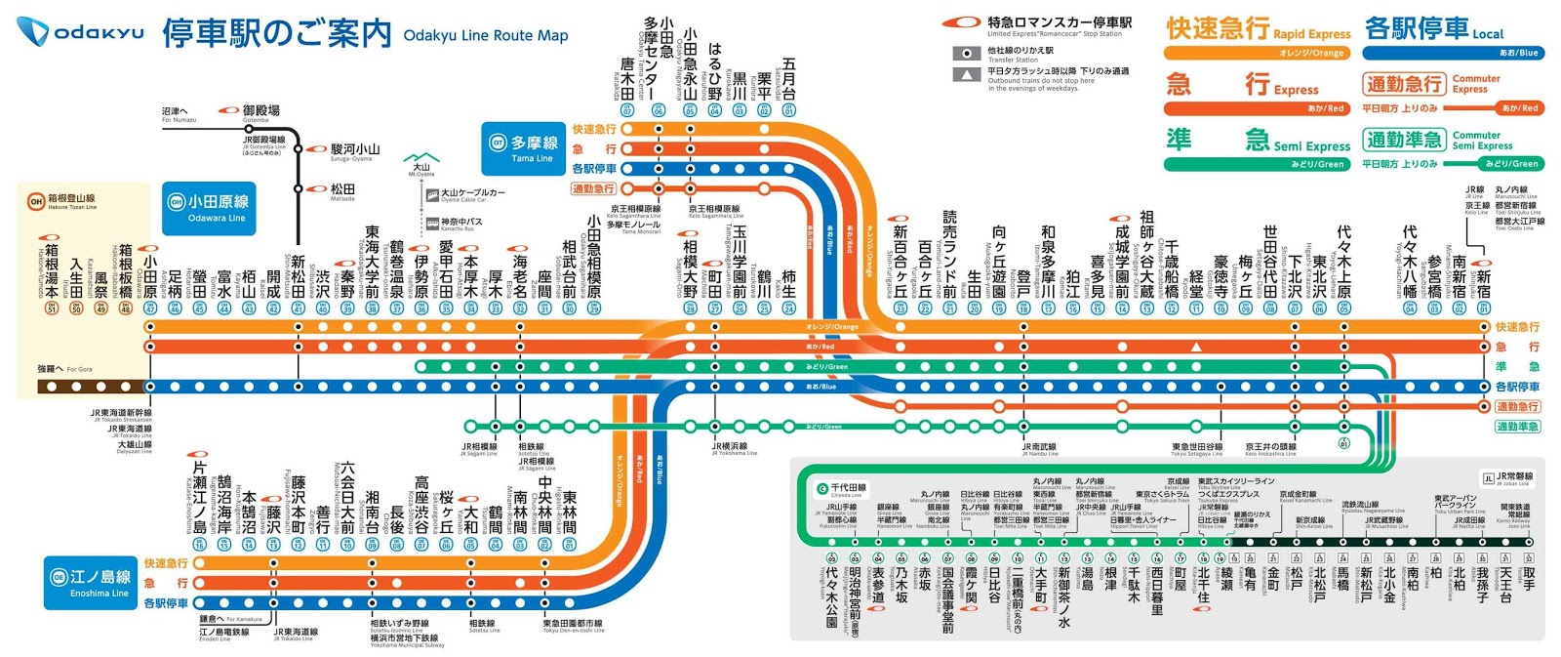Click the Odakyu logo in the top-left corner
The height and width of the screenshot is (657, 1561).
click(x=80, y=32)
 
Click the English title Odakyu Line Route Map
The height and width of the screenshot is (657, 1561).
click(x=485, y=35)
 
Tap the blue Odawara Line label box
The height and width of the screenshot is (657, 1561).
click(x=209, y=208)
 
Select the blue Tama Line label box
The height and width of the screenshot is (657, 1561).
click(x=523, y=148)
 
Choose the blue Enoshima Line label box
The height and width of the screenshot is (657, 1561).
click(x=91, y=583)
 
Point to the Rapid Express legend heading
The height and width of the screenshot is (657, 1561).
click(x=1258, y=29)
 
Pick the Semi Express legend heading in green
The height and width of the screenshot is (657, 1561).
click(x=1258, y=142)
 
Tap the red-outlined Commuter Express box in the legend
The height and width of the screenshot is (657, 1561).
click(x=1404, y=84)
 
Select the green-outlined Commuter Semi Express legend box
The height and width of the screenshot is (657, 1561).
click(x=1404, y=140)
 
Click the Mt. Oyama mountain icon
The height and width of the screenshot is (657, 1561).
click(x=421, y=157)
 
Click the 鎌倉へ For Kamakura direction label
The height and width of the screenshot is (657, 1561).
click(x=230, y=619)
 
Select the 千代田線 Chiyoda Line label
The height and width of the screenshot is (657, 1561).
click(x=843, y=488)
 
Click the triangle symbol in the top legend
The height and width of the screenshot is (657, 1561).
click(x=966, y=74)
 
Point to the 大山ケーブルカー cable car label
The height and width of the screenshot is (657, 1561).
click(x=471, y=194)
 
